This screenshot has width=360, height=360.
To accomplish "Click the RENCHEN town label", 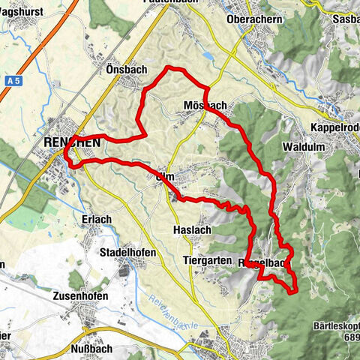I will coord(72,141).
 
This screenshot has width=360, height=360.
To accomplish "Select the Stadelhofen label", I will coord(127,253).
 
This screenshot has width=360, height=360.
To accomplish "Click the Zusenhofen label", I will coord(80,296).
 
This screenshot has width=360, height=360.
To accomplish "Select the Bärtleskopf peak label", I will coord(335,327).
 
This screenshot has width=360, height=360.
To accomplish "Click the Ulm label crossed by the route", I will coord(166,175).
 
